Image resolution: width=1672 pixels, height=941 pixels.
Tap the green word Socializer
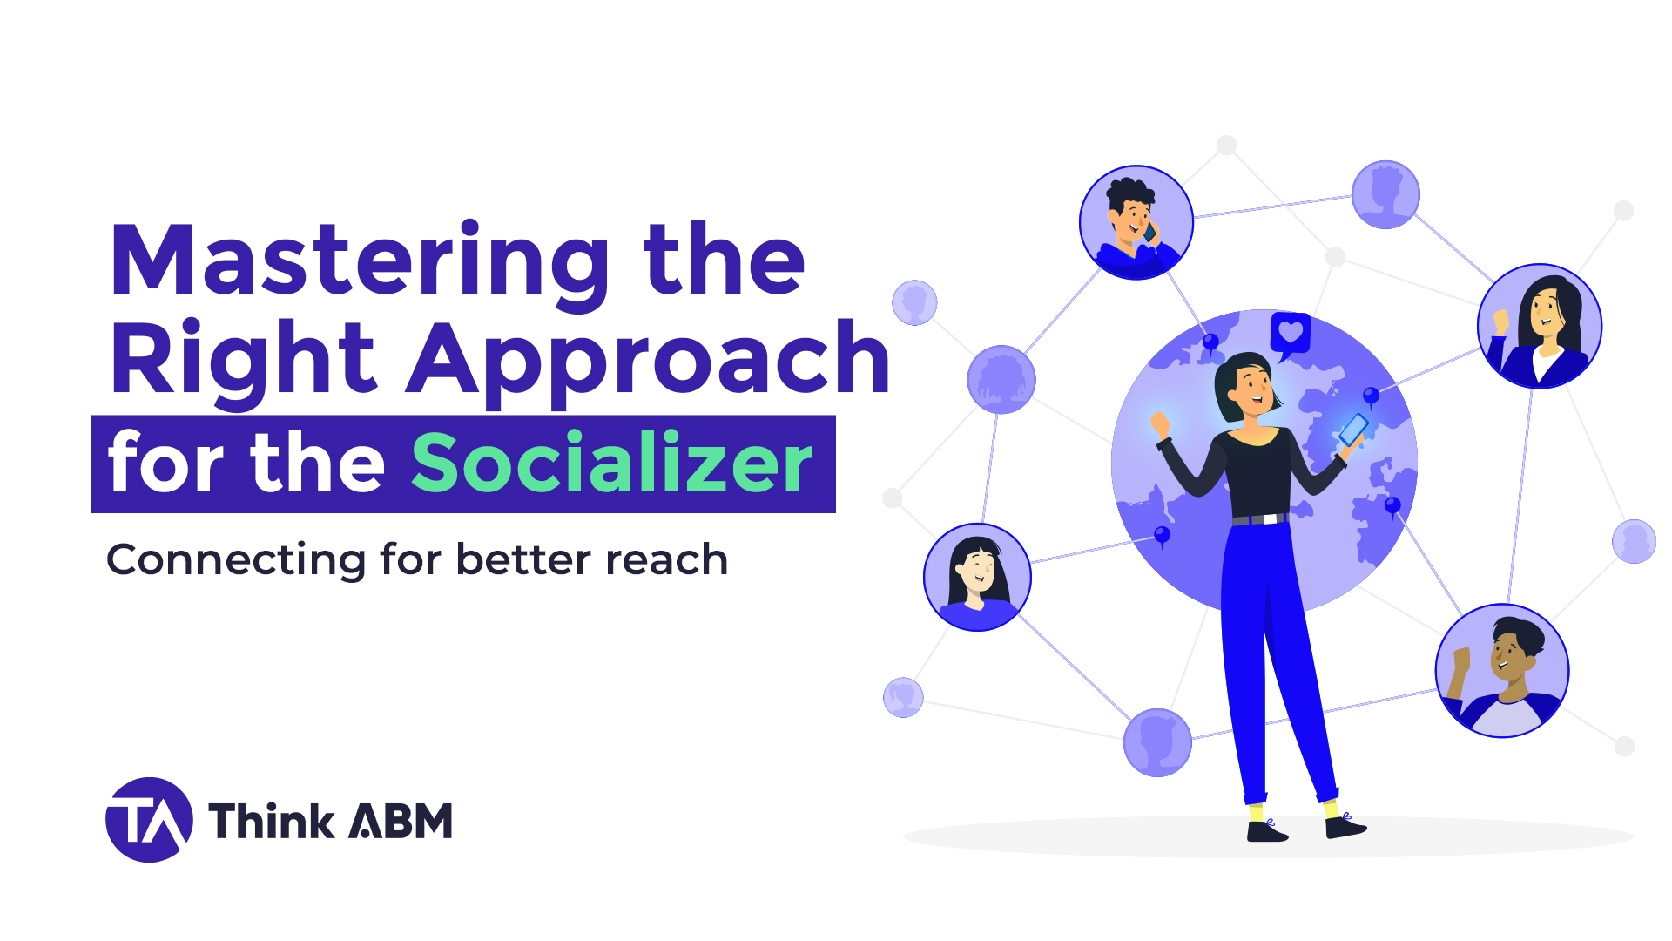(611, 464)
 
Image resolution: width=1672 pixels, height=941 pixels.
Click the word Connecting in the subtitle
(235, 560)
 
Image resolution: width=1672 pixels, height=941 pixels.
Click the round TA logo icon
(149, 820)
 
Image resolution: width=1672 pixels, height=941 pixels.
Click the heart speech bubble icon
(1290, 334)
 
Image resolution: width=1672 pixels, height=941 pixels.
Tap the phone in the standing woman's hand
(1353, 429)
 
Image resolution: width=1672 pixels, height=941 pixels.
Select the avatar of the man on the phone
(1136, 222)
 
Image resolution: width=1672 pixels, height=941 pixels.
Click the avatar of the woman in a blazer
(1540, 326)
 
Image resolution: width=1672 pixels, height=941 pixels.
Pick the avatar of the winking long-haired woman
(977, 577)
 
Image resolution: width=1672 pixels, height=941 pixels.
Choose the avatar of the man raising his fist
(1501, 670)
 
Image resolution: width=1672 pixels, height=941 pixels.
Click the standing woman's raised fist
(1160, 424)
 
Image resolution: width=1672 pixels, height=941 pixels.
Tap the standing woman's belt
(1260, 519)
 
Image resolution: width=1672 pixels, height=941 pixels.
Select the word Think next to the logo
(271, 822)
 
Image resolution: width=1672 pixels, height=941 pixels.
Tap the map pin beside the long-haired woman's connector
(1162, 536)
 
